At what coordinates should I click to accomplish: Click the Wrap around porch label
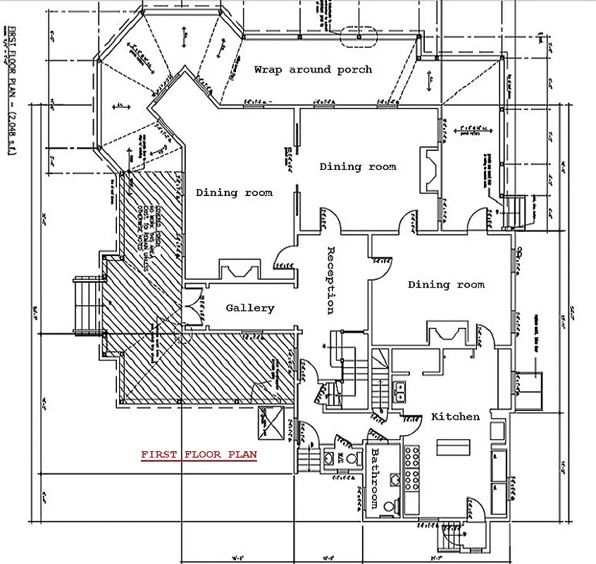[x=313, y=70]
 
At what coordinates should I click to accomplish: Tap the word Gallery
[x=249, y=308]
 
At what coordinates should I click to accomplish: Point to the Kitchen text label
[x=455, y=417]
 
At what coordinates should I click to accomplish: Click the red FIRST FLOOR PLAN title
[x=199, y=455]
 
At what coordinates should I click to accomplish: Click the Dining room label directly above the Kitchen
[x=446, y=285]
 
